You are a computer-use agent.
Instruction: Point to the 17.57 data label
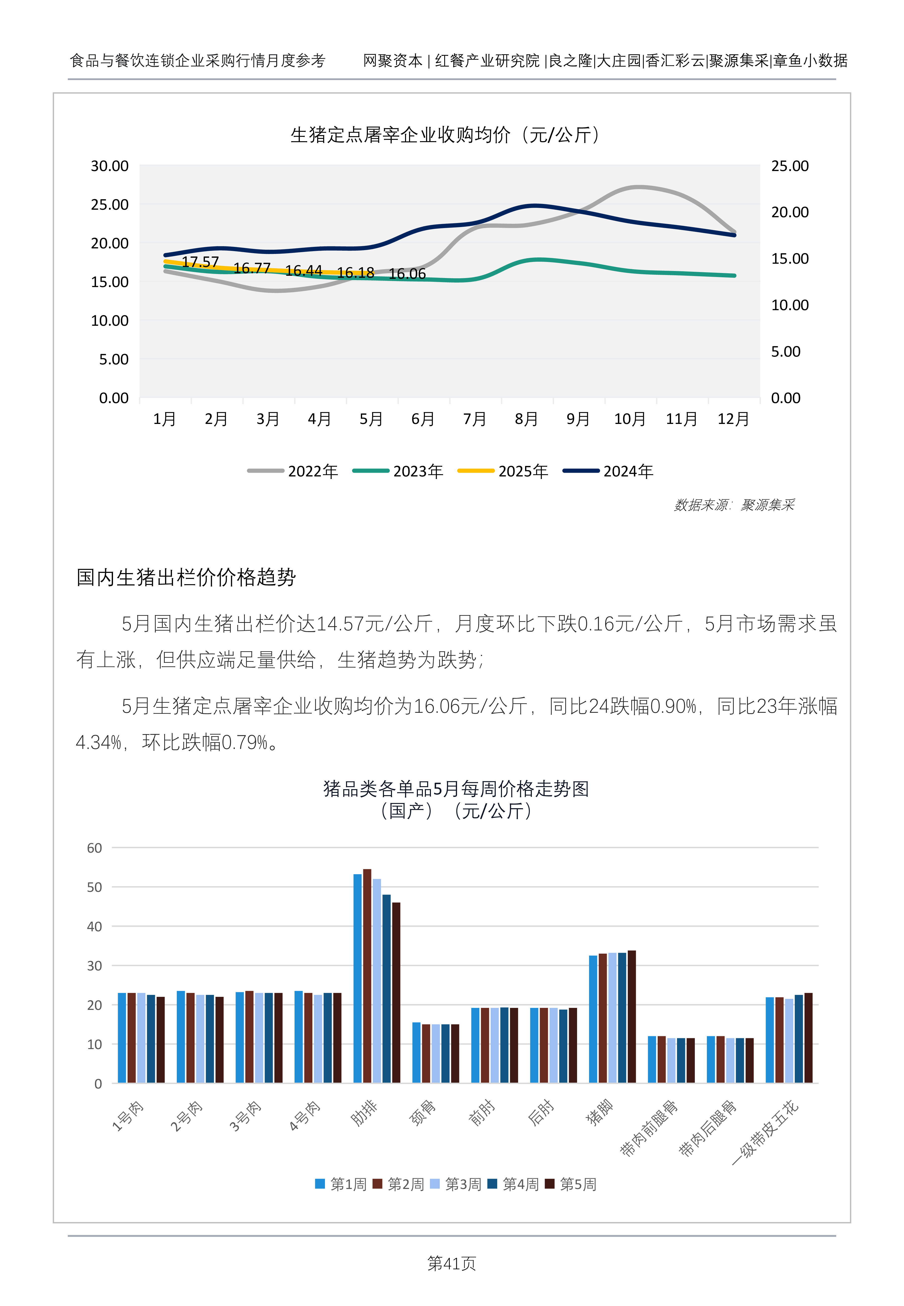[x=200, y=262]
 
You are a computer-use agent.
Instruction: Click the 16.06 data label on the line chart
[x=407, y=274]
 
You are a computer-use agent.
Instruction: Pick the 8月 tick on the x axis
[x=526, y=419]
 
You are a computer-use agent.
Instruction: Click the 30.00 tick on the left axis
[x=110, y=166]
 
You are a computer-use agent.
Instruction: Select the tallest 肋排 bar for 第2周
[x=367, y=976]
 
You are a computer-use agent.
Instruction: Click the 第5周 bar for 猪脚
[x=632, y=1017]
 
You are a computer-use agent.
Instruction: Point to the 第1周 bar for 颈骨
[x=416, y=1053]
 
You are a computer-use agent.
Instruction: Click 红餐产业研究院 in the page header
[x=487, y=61]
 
